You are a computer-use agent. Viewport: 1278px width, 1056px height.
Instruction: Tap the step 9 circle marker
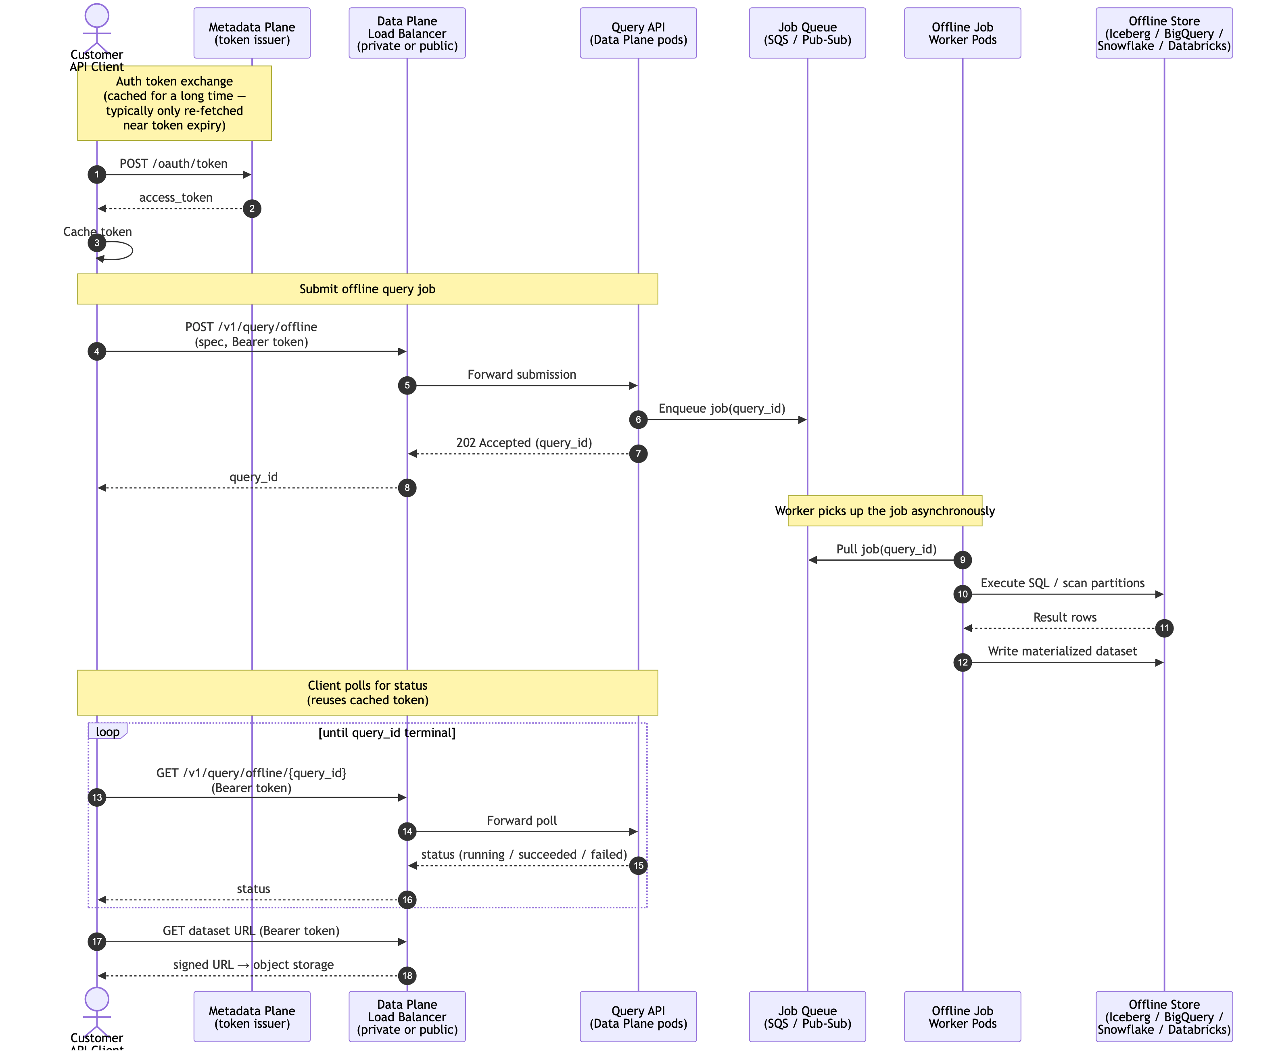pyautogui.click(x=962, y=559)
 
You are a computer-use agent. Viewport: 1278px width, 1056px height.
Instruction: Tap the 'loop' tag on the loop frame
pyautogui.click(x=107, y=731)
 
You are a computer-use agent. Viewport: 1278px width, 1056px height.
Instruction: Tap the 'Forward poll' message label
pyautogui.click(x=521, y=820)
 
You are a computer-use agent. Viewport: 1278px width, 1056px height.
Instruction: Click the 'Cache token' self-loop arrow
pyautogui.click(x=125, y=250)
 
